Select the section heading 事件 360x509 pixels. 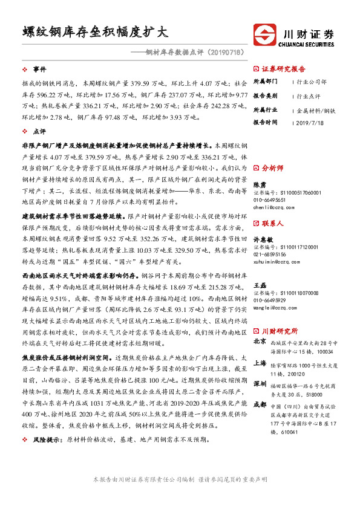(x=39, y=70)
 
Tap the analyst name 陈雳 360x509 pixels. (x=258, y=184)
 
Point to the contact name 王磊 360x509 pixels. (x=258, y=285)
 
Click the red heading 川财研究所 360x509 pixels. (x=280, y=331)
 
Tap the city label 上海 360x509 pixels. (x=260, y=363)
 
